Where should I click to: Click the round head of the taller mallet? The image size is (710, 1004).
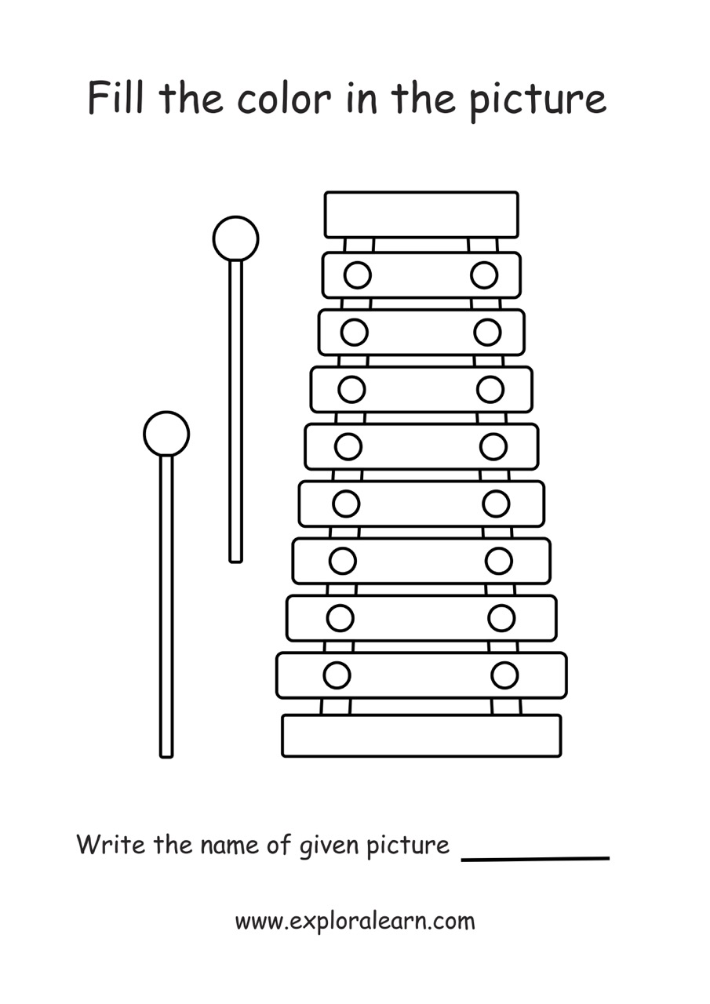(x=235, y=238)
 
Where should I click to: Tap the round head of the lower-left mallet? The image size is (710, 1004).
(x=166, y=433)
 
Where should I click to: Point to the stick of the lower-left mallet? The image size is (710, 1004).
(x=166, y=604)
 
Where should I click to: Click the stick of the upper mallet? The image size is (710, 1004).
(x=235, y=408)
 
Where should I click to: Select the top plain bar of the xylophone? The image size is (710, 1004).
(x=421, y=214)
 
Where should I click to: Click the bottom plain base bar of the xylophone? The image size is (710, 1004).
(x=421, y=736)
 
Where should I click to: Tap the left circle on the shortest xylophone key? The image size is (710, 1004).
(x=358, y=275)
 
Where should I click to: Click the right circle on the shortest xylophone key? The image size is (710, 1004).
(x=484, y=275)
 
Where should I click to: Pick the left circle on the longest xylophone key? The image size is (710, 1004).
(x=337, y=675)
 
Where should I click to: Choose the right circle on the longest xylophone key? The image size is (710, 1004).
(x=504, y=675)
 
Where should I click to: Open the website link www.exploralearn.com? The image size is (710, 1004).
(x=355, y=921)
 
